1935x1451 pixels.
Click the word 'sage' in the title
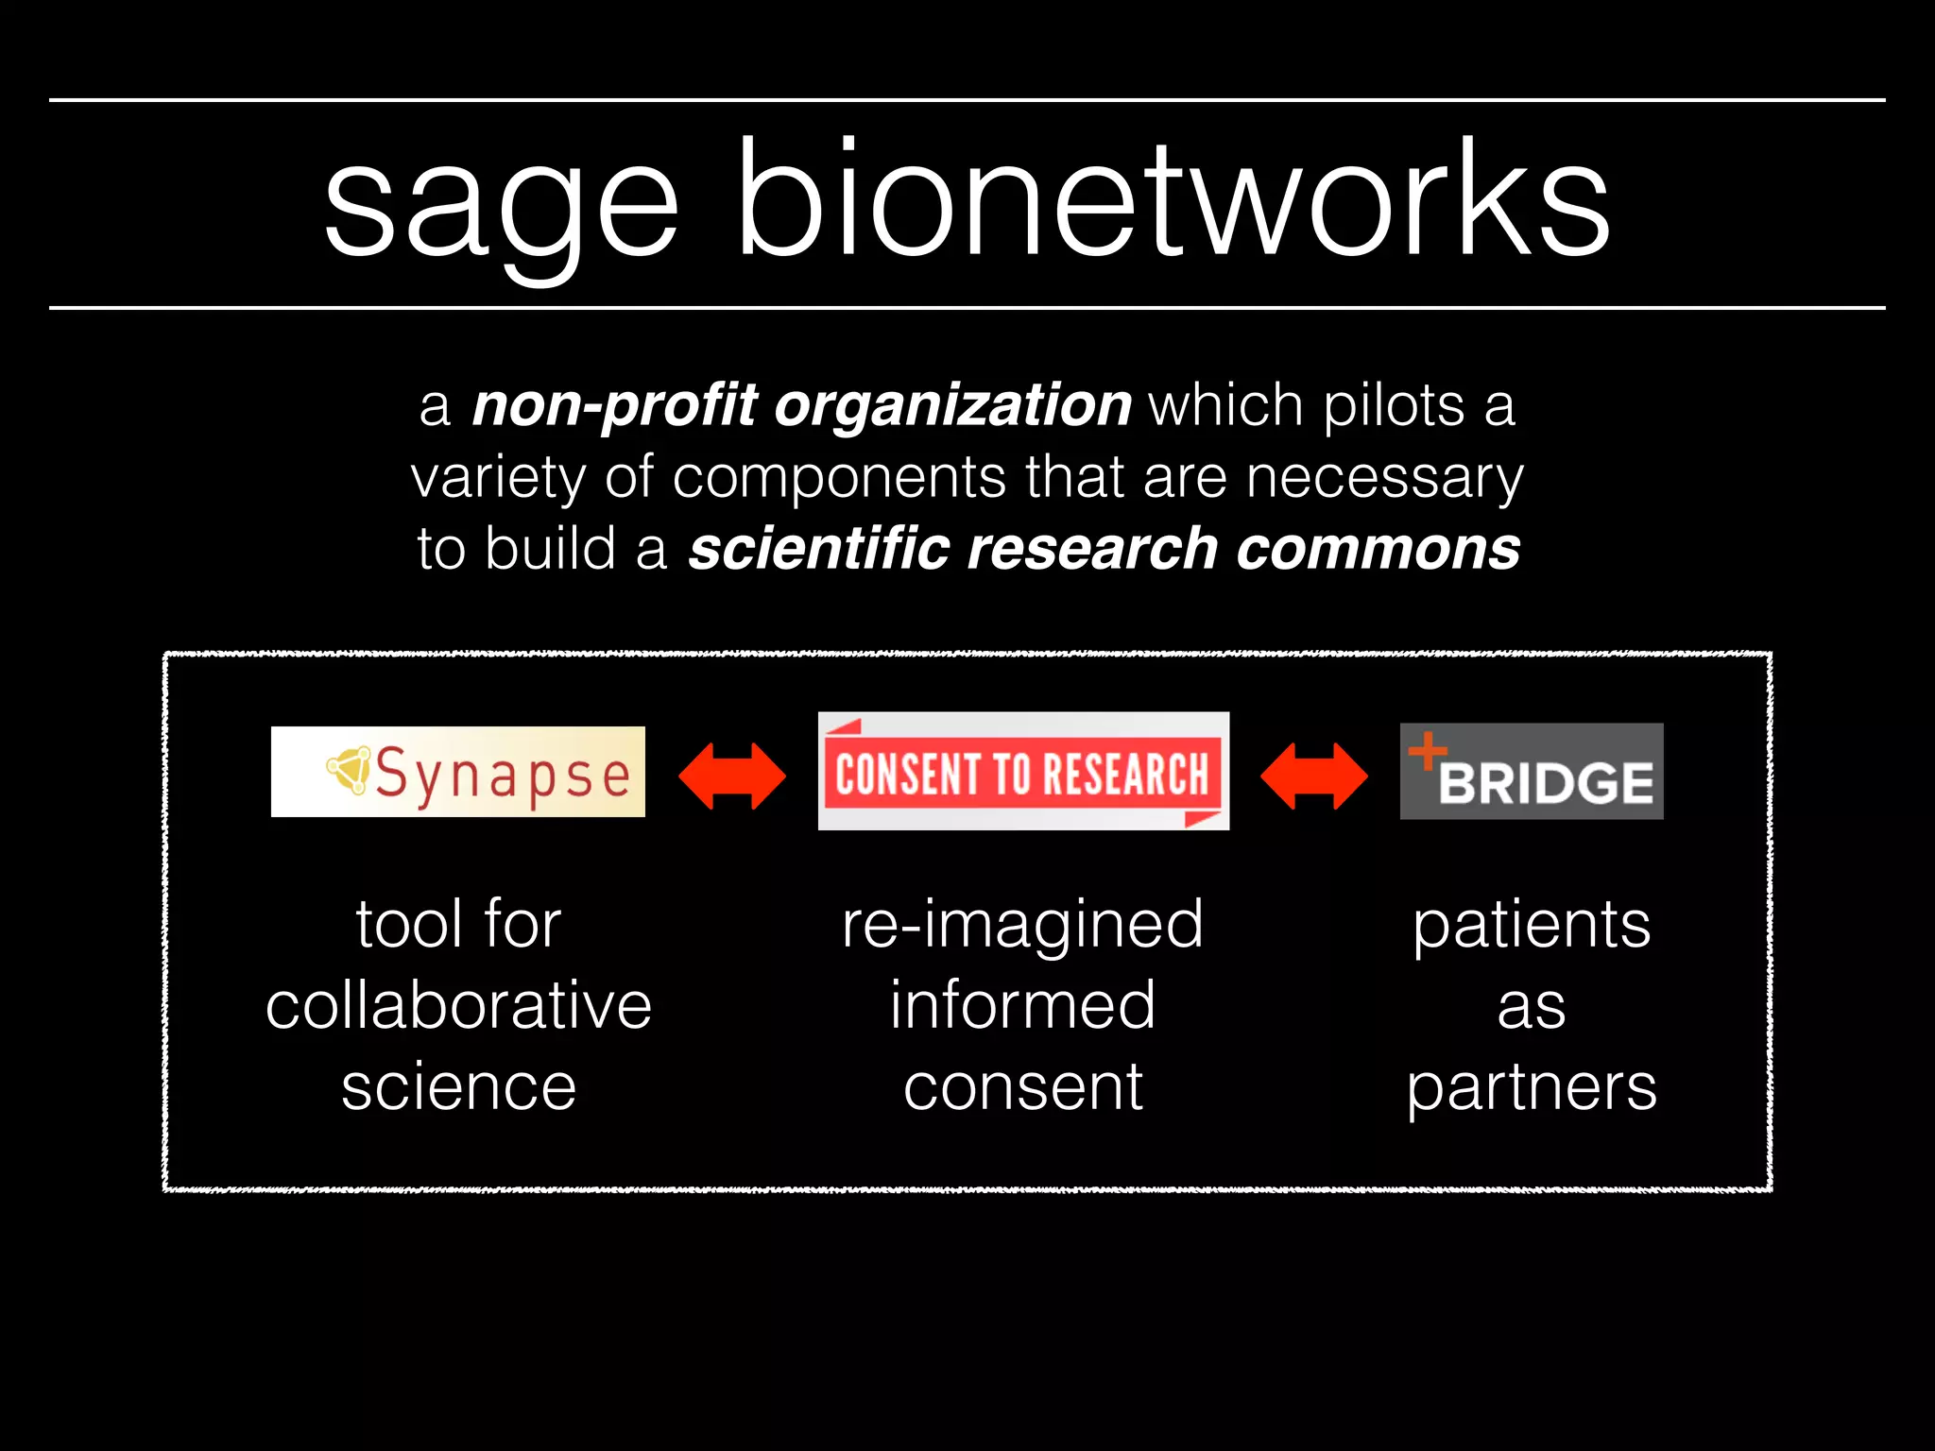[x=501, y=203]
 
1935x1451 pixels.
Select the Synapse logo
[x=458, y=772]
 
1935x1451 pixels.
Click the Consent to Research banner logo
[x=1023, y=772]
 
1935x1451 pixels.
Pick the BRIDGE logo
[x=1532, y=772]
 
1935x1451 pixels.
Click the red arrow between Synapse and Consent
[x=732, y=776]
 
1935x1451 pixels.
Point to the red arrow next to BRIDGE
[x=1314, y=776]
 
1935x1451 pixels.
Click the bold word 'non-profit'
[x=614, y=406]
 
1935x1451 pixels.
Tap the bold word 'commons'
[x=1378, y=549]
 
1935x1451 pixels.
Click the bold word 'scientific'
[x=818, y=549]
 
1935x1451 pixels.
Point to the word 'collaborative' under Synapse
[x=458, y=1005]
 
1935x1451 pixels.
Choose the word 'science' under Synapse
[x=458, y=1086]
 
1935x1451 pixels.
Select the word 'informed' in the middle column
[x=1023, y=1005]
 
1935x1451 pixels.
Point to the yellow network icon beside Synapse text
[x=350, y=770]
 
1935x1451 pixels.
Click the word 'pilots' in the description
[x=1395, y=406]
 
